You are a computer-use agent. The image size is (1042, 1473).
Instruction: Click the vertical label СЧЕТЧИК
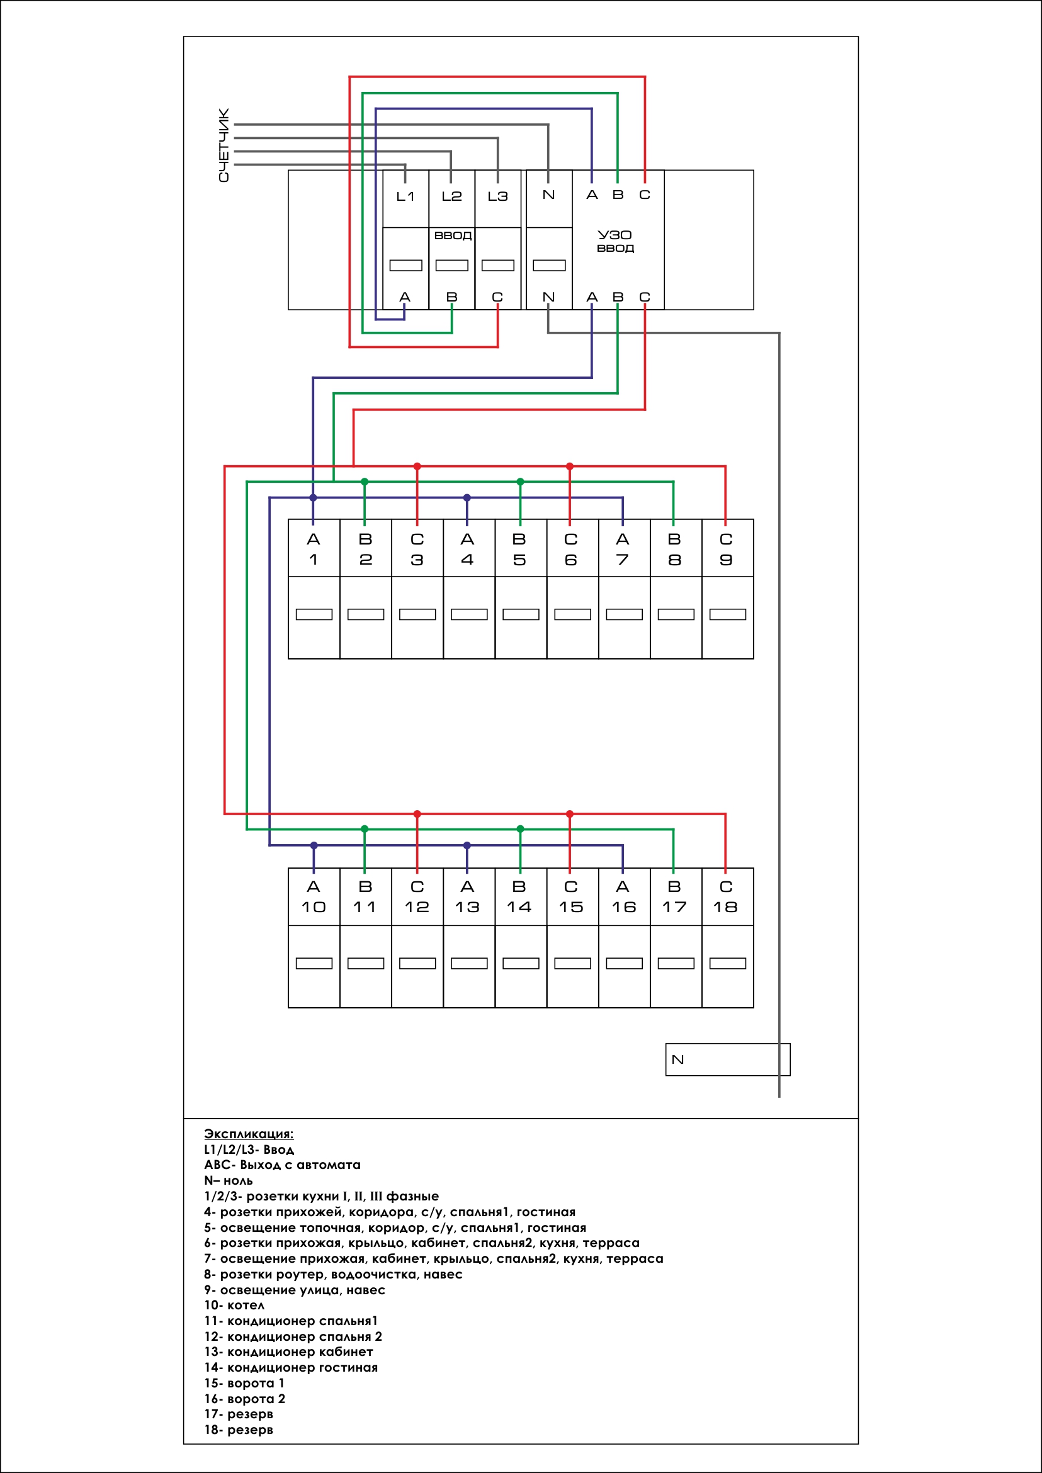(x=224, y=145)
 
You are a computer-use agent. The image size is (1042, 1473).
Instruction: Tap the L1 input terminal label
(x=405, y=196)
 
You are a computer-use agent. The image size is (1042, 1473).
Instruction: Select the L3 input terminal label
(x=497, y=196)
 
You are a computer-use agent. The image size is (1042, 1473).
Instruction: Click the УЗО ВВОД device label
(x=614, y=241)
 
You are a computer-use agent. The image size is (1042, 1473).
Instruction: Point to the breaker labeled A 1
(x=314, y=589)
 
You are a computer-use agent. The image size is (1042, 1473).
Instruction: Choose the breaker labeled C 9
(x=728, y=589)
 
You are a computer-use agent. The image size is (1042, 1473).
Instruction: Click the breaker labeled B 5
(x=521, y=589)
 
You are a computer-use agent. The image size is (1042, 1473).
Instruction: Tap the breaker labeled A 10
(x=314, y=938)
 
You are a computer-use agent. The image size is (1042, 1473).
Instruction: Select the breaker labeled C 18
(x=728, y=938)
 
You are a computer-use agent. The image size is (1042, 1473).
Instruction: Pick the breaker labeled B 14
(x=521, y=938)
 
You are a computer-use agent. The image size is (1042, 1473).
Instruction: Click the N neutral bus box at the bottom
(x=728, y=1059)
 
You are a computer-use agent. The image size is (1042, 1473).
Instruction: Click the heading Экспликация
(x=248, y=1134)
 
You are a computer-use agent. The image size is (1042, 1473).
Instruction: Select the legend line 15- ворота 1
(x=244, y=1382)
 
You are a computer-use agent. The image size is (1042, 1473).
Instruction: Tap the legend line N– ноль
(x=229, y=1180)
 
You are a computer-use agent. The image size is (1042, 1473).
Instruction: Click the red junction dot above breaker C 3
(x=417, y=466)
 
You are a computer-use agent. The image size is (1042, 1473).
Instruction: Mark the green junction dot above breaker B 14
(x=520, y=829)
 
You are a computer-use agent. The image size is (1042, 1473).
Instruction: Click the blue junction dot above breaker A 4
(x=467, y=498)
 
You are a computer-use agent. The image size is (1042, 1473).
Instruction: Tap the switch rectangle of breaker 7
(x=625, y=614)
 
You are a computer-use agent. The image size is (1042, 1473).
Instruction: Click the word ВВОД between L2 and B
(x=453, y=235)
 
